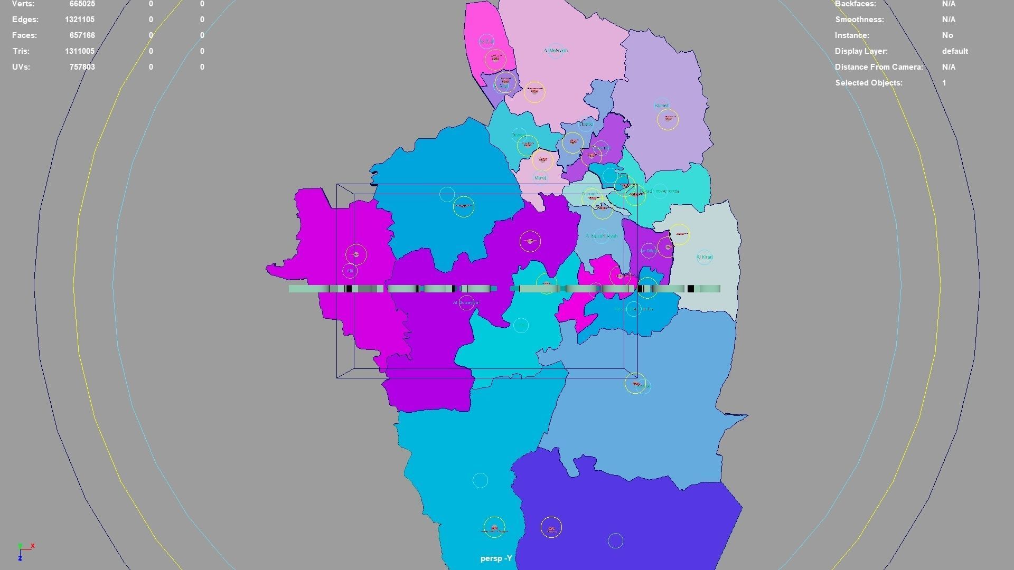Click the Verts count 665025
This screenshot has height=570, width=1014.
82,4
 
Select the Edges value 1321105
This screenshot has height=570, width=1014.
80,20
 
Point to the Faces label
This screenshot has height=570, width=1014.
24,35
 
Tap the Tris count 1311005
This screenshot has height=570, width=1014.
80,51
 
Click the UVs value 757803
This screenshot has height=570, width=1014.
82,67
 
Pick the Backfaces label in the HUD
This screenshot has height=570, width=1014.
855,4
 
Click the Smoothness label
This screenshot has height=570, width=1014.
859,20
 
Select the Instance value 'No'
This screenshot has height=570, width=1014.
947,35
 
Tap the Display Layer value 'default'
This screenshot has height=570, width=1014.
955,51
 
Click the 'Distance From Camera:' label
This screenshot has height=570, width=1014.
879,67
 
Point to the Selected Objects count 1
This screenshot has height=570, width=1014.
944,83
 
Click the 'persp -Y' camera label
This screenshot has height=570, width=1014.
496,558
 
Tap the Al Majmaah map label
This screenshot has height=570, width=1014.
556,51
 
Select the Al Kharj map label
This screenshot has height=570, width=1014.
705,257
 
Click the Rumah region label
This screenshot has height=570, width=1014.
661,105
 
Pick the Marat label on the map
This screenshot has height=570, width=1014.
540,178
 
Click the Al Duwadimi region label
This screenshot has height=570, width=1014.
466,302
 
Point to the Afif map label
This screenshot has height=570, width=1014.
350,271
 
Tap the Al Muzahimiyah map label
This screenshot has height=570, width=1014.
602,236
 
